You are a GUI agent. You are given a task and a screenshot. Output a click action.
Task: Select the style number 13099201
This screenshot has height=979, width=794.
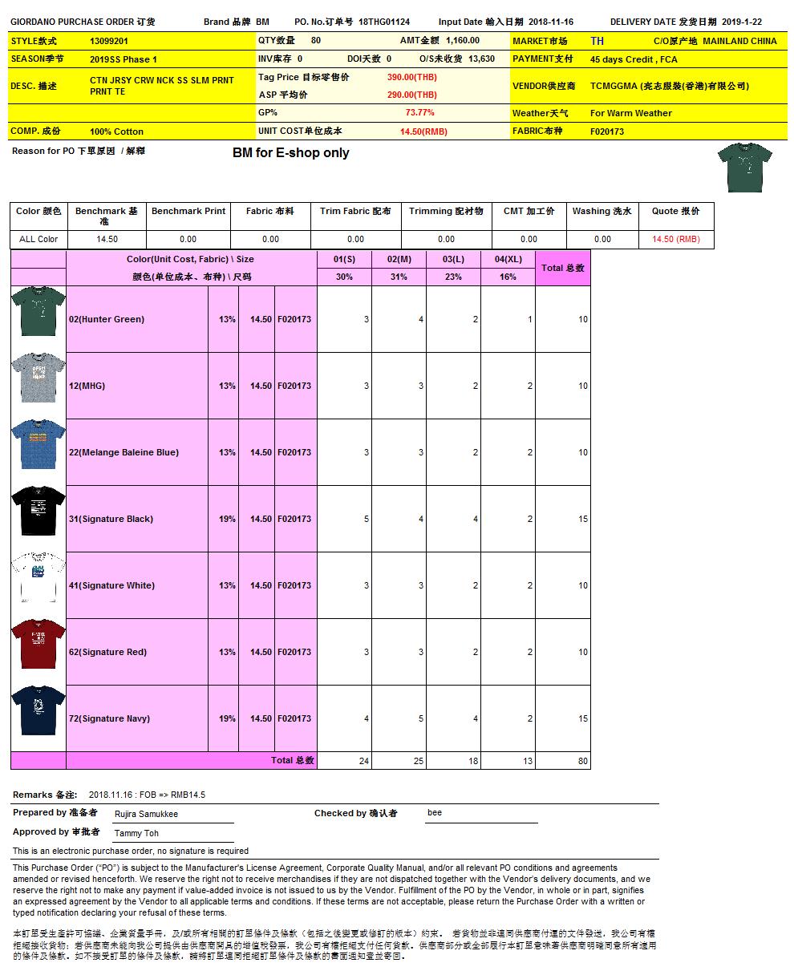[x=109, y=41]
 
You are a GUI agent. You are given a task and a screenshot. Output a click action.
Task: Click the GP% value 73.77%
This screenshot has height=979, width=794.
[x=419, y=113]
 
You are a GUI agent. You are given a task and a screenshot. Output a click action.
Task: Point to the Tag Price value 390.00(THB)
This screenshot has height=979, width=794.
[x=411, y=77]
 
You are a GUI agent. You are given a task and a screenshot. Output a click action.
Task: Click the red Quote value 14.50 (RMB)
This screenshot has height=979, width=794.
[x=675, y=239]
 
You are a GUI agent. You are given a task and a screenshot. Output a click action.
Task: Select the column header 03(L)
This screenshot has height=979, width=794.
[x=453, y=260]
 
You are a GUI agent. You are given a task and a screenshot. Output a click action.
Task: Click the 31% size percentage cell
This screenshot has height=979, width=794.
[x=399, y=277]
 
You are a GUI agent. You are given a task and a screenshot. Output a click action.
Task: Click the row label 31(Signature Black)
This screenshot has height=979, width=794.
[x=111, y=519]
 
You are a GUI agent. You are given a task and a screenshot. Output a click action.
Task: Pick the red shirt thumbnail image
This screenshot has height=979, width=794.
[x=38, y=645]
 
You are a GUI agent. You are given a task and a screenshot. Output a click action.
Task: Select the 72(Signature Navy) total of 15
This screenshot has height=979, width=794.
[x=582, y=718]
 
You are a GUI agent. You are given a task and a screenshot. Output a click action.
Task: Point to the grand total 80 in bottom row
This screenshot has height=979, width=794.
[x=582, y=761]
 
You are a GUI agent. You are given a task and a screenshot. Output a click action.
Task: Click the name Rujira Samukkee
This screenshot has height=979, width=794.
[x=146, y=814]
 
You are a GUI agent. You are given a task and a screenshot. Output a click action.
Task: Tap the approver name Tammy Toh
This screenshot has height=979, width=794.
[x=136, y=834]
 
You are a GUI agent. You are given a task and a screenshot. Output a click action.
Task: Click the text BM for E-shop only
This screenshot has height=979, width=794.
[x=290, y=152]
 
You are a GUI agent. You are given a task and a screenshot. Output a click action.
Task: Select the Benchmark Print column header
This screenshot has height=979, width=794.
[x=188, y=212]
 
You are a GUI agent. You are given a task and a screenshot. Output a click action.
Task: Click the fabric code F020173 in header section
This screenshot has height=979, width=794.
[x=606, y=131]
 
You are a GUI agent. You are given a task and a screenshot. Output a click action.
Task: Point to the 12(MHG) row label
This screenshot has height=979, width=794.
[x=87, y=386]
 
